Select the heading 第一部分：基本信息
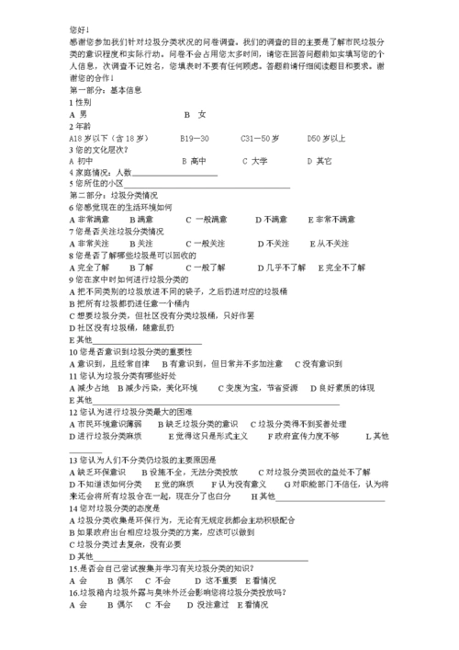106,90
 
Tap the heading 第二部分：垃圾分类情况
113,196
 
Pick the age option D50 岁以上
327,138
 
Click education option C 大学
255,161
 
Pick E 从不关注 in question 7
327,244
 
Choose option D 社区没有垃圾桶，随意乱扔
121,326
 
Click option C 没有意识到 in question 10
326,362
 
